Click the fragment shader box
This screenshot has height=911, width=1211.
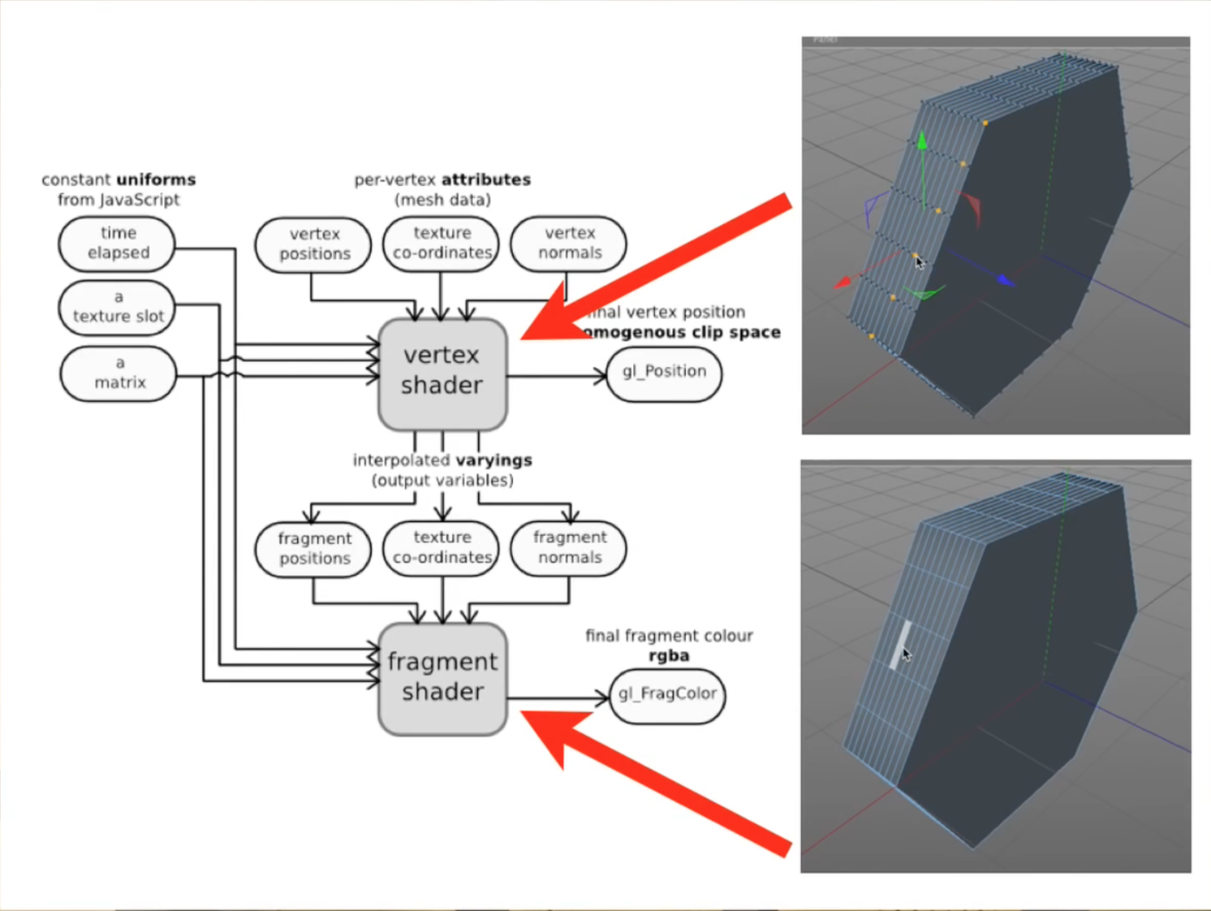(x=442, y=679)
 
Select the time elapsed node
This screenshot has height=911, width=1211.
(x=118, y=244)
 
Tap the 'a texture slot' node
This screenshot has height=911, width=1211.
(x=118, y=307)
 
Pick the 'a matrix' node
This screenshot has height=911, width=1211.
(x=119, y=373)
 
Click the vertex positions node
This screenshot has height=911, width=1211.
(x=314, y=244)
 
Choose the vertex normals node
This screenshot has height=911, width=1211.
(x=569, y=244)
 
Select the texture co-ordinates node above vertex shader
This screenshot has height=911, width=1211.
(x=442, y=244)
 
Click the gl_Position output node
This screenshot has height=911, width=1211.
(x=664, y=373)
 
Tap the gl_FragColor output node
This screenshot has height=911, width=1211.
(x=667, y=695)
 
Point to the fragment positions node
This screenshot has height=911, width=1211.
(x=314, y=549)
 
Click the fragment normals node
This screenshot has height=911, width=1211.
(x=569, y=548)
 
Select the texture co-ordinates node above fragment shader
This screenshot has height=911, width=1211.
(x=442, y=548)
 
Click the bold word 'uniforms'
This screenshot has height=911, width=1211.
(x=156, y=179)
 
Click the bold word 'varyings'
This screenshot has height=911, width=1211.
(x=493, y=460)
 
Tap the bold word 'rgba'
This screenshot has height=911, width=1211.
(x=669, y=656)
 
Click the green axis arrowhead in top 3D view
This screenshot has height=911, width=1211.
(x=922, y=141)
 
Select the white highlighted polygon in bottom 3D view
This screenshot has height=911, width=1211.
(x=899, y=645)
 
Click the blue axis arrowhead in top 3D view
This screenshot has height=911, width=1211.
(x=1006, y=280)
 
